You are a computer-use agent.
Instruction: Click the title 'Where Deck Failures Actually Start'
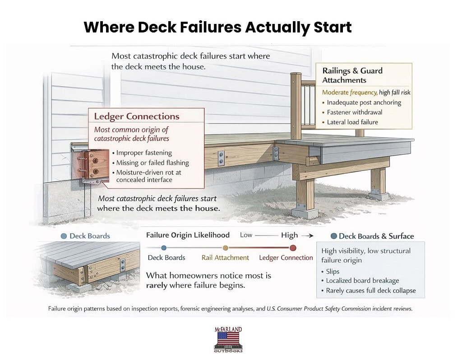217,27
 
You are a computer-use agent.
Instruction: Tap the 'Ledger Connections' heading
136,116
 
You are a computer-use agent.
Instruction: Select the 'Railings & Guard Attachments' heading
352,75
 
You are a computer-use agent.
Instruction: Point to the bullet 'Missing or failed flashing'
152,163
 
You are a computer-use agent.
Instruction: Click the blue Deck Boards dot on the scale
164,247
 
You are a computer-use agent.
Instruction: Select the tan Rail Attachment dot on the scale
225,247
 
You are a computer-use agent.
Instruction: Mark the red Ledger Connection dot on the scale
293,247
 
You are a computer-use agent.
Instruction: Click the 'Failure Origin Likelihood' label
188,235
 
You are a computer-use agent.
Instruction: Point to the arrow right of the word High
307,235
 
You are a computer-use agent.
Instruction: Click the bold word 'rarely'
159,285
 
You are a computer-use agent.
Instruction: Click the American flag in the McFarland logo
228,337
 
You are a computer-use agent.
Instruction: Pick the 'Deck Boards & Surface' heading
376,236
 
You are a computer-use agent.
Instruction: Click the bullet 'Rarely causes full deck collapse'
370,291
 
